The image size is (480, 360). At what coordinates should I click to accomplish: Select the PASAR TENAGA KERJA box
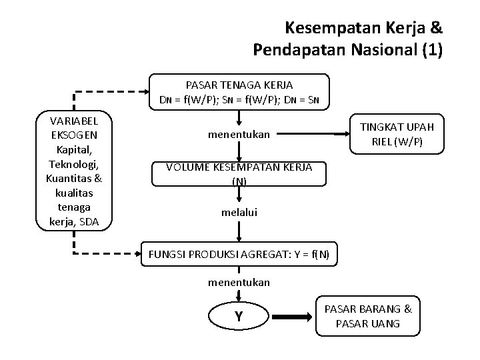[x=239, y=93]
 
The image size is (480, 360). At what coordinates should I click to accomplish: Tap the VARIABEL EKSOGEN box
[x=74, y=169]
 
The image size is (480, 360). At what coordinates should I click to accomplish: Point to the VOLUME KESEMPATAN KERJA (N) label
[x=238, y=173]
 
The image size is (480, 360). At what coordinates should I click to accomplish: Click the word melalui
[x=239, y=213]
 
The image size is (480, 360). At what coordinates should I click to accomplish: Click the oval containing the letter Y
[x=238, y=317]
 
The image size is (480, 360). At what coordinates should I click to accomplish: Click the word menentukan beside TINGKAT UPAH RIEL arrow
[x=239, y=134]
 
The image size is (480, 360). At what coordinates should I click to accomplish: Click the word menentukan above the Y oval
[x=239, y=282]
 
